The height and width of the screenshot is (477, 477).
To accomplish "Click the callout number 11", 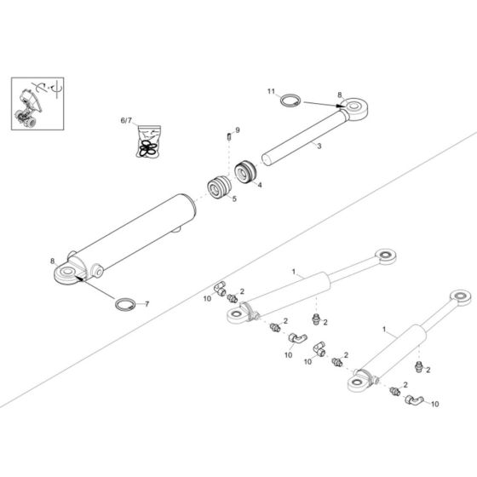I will click(272, 90).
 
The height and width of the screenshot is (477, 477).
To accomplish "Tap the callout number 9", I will click(238, 129).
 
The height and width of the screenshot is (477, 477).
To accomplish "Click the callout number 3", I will click(319, 147).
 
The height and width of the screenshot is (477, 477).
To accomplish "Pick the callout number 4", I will click(259, 184).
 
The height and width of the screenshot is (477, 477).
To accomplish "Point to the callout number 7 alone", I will click(146, 304).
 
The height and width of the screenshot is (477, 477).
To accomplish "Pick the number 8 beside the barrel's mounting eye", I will click(53, 261).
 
